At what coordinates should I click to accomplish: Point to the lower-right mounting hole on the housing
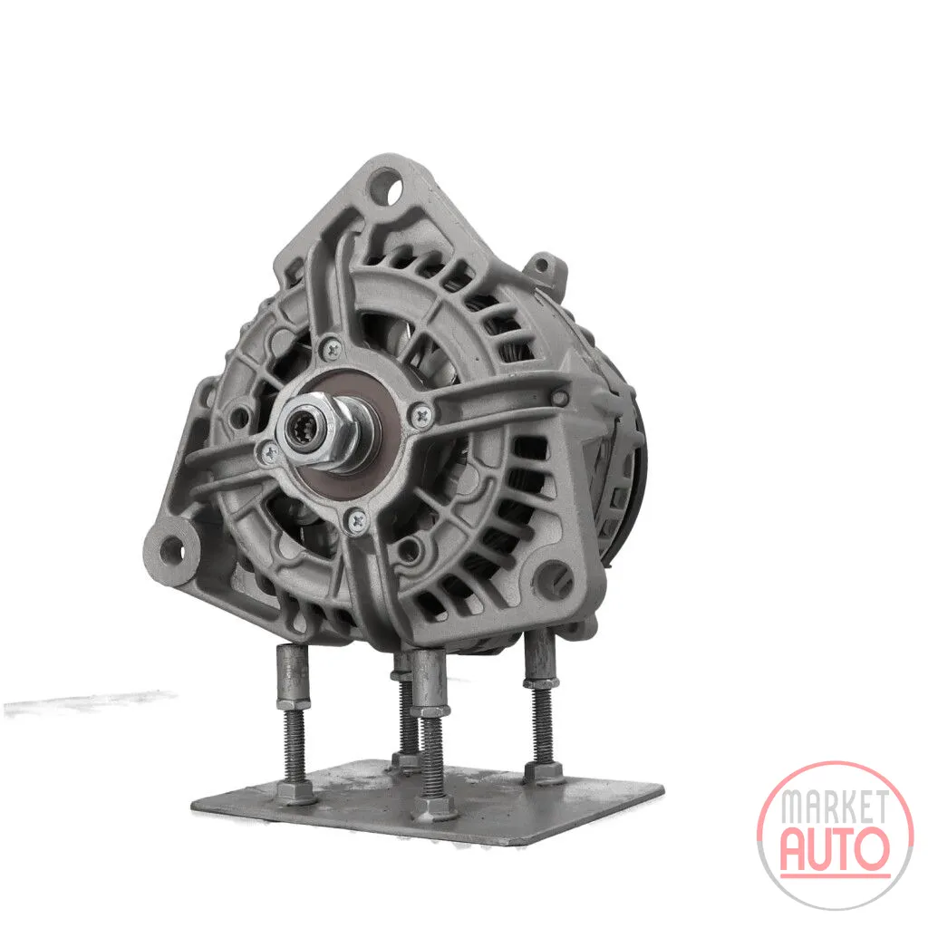[554, 575]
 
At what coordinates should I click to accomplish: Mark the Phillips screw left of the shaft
[270, 455]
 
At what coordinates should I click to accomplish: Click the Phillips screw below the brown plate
[357, 521]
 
